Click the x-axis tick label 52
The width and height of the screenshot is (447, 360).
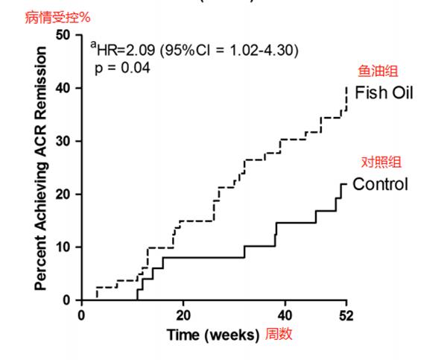(346, 315)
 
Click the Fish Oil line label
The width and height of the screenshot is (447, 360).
(383, 93)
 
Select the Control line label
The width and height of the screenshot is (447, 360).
(380, 183)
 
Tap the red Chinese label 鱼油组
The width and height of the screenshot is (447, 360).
(378, 72)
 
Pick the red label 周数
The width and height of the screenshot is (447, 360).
(279, 334)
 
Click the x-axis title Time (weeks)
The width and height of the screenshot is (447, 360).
(212, 334)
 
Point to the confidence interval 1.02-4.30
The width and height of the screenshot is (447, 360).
(260, 51)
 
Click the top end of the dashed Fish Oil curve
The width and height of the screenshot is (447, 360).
(346, 87)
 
